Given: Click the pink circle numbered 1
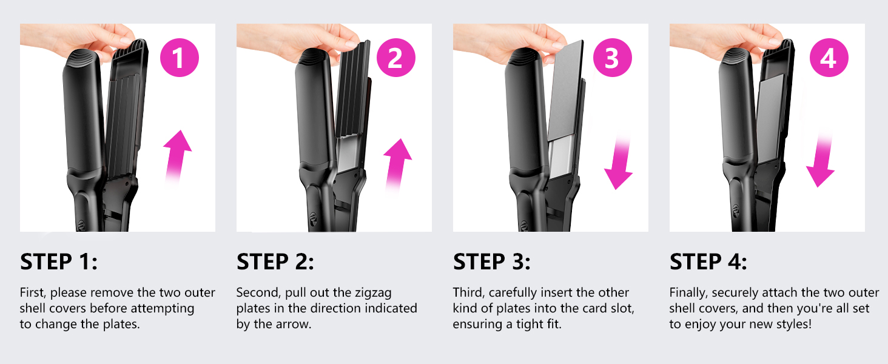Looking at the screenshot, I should [x=179, y=58].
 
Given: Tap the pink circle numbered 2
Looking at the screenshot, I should [x=395, y=58].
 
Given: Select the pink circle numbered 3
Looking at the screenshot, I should [x=612, y=58].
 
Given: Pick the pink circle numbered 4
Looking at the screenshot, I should [x=829, y=58].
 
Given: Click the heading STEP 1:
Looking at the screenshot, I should [x=59, y=262].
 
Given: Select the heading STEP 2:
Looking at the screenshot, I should [x=275, y=262].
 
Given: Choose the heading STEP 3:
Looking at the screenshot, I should [x=492, y=262].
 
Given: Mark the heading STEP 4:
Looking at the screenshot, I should [x=708, y=262].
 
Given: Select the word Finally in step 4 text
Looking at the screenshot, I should [x=688, y=292].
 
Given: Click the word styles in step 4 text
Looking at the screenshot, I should [x=791, y=324].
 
